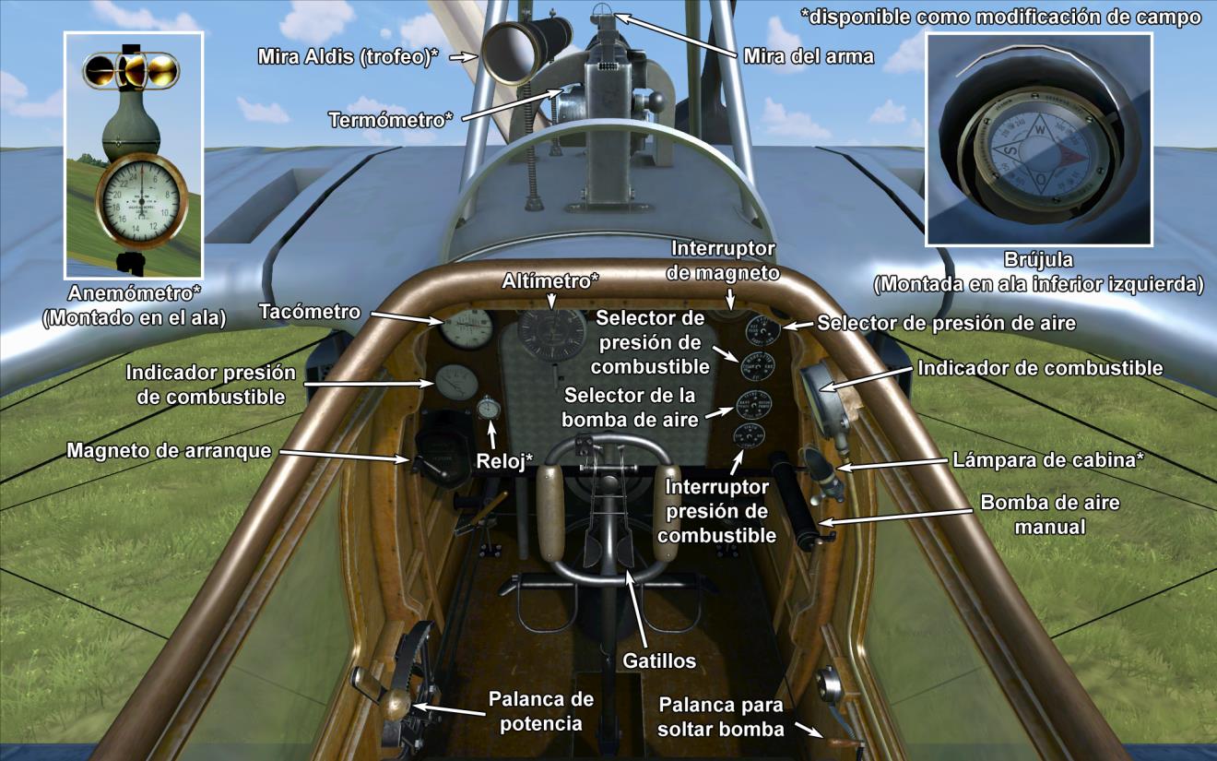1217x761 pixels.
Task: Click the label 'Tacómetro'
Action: [309, 312]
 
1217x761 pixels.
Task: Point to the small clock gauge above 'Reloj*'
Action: [490, 407]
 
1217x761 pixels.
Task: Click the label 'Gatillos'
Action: [658, 660]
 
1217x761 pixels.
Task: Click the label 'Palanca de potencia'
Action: [540, 711]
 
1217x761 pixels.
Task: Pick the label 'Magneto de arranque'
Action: [170, 451]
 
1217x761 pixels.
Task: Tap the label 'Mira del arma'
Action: [809, 57]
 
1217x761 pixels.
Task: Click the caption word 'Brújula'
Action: [1038, 261]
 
